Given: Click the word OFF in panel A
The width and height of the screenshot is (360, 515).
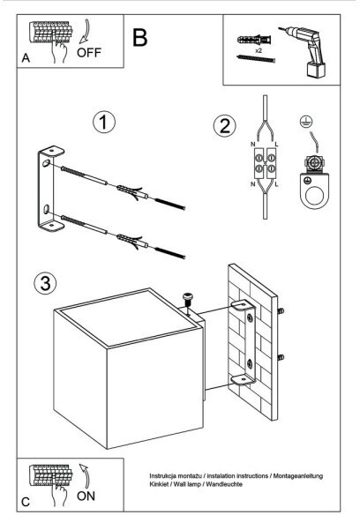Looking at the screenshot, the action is pos(89,53).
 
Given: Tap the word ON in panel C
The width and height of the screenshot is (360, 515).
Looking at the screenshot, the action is pos(86,496).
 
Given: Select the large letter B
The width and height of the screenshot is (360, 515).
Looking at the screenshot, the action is pos(139,38).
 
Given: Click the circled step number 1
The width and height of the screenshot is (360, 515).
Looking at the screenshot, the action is pos(104,123).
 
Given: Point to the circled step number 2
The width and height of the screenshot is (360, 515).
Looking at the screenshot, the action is pos(225,126).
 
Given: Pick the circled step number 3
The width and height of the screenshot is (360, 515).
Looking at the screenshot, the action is pos(45,283).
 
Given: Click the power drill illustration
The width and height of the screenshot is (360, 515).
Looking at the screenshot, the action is pos(305,52).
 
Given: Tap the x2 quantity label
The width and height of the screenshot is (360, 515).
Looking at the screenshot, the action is pos(259,51).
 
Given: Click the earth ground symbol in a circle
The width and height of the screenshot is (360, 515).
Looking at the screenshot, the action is pos(306,122).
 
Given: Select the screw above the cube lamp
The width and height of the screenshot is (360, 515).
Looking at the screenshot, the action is pos(188,301).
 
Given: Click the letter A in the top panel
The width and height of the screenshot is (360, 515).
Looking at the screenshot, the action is pos(26,58).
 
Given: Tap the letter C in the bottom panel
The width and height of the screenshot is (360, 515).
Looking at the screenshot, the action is pos(26,502).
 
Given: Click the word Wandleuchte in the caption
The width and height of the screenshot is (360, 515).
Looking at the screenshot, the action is pos(224,484).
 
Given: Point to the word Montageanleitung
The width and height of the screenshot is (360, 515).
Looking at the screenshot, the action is pos(298,476).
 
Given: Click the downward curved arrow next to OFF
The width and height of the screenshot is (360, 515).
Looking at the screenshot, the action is pos(86,31).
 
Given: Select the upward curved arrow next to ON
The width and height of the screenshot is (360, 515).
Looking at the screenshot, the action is pos(86,475).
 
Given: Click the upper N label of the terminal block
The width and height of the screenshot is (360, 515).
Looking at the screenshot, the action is pos(253,145).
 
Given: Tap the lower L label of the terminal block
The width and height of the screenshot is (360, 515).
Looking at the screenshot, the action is pos(276,184).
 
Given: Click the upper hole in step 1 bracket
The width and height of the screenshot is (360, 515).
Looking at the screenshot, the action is pos(47,163).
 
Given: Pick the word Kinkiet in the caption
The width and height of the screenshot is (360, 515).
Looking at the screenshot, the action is pos(159,484).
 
